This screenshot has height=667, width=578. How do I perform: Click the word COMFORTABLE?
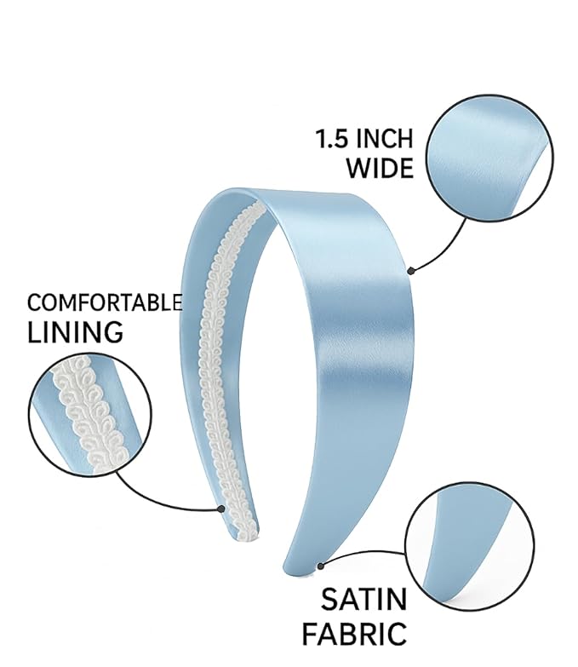pos(105,303)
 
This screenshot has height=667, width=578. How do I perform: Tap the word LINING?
pos(75,332)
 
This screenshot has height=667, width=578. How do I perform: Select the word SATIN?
pos(363,599)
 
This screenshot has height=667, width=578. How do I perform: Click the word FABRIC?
pos(354,634)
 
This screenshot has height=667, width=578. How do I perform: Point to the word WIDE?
pos(380,168)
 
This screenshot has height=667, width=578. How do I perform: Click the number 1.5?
pos(331,139)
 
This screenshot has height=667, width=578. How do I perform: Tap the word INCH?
pos(384,139)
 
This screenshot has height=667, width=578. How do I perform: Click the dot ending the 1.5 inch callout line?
pos(410,271)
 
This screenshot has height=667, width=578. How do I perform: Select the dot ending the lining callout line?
pos(220,509)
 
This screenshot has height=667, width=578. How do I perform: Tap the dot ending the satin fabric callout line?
pos(321,566)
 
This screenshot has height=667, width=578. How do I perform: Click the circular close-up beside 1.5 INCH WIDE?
pos(489,158)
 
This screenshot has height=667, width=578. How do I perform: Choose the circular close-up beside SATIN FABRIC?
pos(470,546)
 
